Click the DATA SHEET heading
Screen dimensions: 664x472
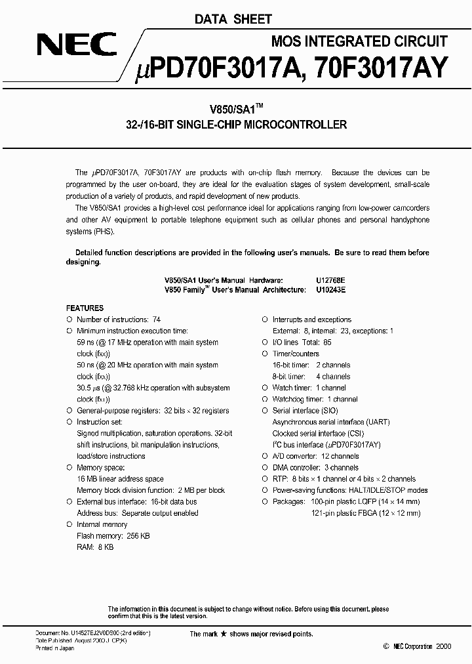[233, 20]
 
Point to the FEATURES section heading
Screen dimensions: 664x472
[85, 308]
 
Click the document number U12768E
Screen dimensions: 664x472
[330, 279]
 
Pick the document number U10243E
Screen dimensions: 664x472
[330, 289]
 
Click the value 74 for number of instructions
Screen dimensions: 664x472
[156, 320]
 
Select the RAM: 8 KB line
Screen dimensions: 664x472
[95, 547]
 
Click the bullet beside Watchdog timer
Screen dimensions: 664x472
[265, 399]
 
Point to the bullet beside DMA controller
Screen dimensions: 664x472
[265, 468]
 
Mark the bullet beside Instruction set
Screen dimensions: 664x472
[69, 422]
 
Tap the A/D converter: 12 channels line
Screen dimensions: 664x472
[315, 456]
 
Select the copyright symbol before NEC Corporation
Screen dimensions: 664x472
[385, 647]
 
